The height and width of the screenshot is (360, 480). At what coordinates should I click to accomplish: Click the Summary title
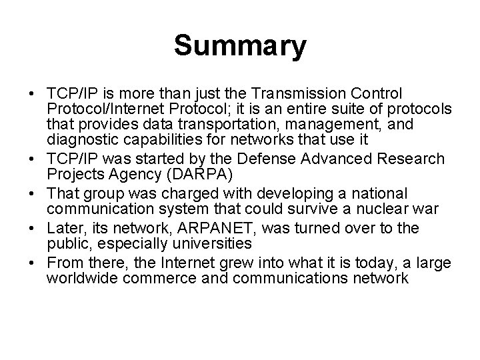point(240,47)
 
